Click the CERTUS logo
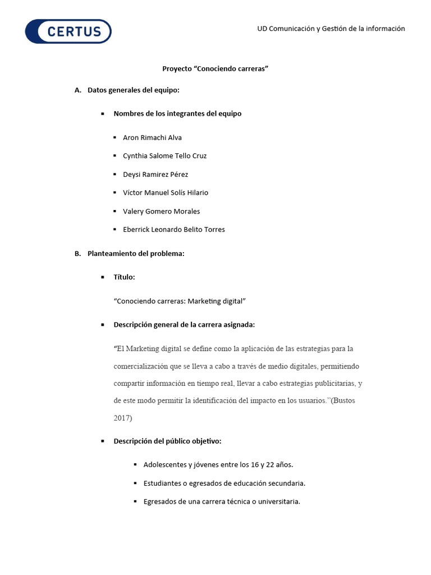tap(68, 31)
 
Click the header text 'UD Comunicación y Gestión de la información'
tap(331, 29)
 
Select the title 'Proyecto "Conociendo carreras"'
tap(215, 69)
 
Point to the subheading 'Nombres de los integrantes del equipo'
tap(177, 113)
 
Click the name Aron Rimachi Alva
tap(152, 138)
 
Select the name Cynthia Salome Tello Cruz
tap(164, 156)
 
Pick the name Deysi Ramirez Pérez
tap(155, 175)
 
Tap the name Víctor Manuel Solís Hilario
tap(165, 193)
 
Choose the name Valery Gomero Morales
tap(161, 211)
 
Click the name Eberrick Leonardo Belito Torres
tap(173, 230)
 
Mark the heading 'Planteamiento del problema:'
tap(136, 254)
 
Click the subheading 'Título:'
tap(124, 277)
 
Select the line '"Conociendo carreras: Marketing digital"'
tap(180, 301)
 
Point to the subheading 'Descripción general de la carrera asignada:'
tap(184, 325)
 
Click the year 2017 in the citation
tap(122, 418)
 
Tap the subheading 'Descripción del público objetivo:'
tap(167, 441)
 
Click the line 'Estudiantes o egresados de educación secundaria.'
tap(224, 483)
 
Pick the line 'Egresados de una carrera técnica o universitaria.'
tap(222, 502)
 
